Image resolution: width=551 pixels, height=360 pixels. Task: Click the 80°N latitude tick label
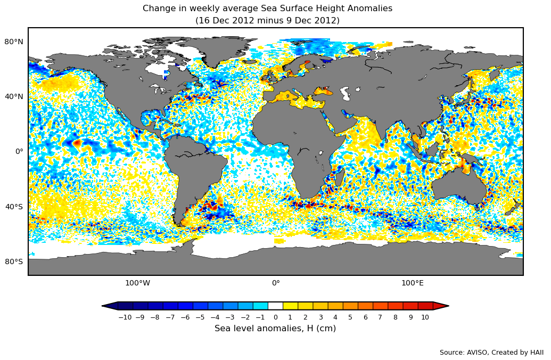[x=14, y=42]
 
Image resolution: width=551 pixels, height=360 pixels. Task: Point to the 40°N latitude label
[x=14, y=96]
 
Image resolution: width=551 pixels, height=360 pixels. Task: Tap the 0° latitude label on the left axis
[x=19, y=151]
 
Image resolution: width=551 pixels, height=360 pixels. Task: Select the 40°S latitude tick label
[x=14, y=207]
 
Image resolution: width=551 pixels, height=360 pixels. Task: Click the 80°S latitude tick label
[x=14, y=261]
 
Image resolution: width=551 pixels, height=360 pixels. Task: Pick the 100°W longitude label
[x=137, y=283]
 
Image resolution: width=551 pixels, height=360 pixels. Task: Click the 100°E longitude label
[x=413, y=283]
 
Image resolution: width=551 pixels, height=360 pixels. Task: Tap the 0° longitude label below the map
[x=276, y=283]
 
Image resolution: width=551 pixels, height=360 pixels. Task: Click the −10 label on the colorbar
[x=125, y=317]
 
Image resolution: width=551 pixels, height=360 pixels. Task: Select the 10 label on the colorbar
[x=425, y=317]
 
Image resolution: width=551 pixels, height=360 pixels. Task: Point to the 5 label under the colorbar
[x=350, y=317]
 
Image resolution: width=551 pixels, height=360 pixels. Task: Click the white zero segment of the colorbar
[x=275, y=306]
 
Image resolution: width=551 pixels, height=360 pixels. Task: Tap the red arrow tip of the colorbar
[x=441, y=306]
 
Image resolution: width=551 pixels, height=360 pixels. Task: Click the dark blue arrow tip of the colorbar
[x=110, y=306]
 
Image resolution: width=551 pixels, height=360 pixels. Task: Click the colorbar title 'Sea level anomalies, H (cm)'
[x=275, y=329]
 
